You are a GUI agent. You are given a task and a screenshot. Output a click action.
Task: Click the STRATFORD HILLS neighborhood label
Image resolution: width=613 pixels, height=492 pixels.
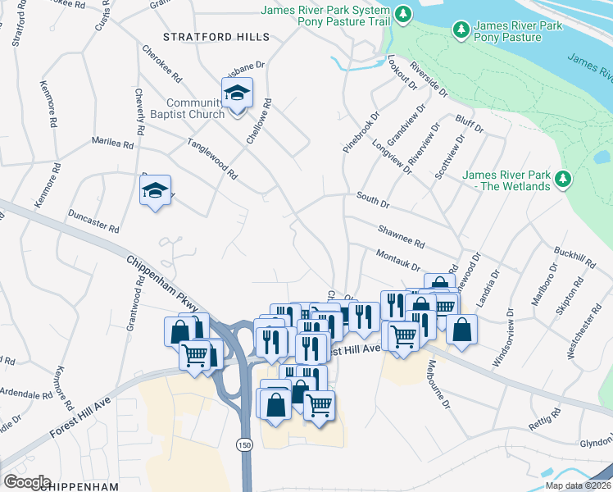216,37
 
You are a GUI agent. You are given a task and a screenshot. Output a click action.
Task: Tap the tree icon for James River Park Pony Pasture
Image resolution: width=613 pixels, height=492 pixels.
461,31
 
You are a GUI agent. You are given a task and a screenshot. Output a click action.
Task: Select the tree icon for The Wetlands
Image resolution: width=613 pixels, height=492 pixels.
562,179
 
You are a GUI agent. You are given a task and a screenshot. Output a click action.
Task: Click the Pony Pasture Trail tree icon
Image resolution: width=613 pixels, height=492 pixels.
402,14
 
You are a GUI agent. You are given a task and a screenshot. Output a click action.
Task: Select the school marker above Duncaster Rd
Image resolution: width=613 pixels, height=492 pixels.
155,192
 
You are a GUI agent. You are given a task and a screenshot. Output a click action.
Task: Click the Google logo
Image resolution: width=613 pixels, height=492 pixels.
27,481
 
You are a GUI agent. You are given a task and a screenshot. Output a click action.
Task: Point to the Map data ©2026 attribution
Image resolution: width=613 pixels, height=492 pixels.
577,485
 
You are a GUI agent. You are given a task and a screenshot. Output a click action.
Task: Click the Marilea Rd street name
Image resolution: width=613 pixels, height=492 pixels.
112,143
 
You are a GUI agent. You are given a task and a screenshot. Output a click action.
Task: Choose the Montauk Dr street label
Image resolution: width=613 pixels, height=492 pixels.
397,261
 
